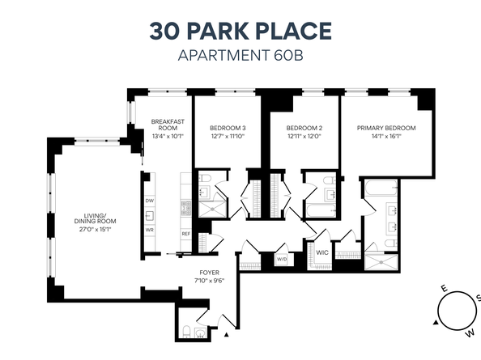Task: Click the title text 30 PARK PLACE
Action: tap(240, 32)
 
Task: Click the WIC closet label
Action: tap(321, 252)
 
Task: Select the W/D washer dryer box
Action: tap(282, 260)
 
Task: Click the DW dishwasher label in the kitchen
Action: tap(150, 201)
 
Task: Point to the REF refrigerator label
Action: tap(185, 234)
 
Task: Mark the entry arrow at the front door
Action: tap(228, 332)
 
